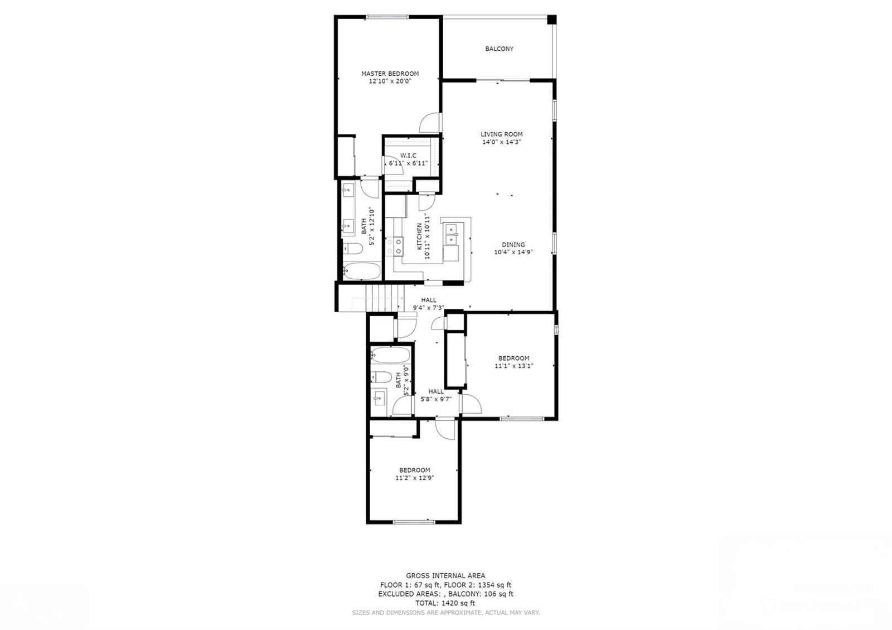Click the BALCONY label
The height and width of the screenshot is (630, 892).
pyautogui.click(x=499, y=49)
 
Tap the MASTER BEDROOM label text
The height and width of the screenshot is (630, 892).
pyautogui.click(x=390, y=74)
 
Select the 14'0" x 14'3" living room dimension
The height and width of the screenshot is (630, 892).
pyautogui.click(x=501, y=142)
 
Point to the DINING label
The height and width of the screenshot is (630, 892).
pyautogui.click(x=513, y=245)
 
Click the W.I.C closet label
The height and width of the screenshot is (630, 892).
pyautogui.click(x=408, y=156)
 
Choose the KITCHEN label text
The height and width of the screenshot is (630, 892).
pyautogui.click(x=419, y=236)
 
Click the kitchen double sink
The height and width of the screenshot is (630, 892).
pyautogui.click(x=452, y=234)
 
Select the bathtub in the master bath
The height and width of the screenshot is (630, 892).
pyautogui.click(x=362, y=271)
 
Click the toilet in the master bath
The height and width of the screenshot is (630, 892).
pyautogui.click(x=352, y=249)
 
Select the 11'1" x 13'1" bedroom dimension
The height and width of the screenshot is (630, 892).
pyautogui.click(x=513, y=366)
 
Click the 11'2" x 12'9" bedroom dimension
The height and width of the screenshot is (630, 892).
pyautogui.click(x=415, y=478)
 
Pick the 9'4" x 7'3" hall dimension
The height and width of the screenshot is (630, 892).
pyautogui.click(x=429, y=308)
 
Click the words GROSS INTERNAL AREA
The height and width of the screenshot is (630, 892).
pyautogui.click(x=445, y=575)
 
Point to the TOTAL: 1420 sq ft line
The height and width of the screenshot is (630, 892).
pyautogui.click(x=445, y=603)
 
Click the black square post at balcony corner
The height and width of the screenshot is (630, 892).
pyautogui.click(x=551, y=20)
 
